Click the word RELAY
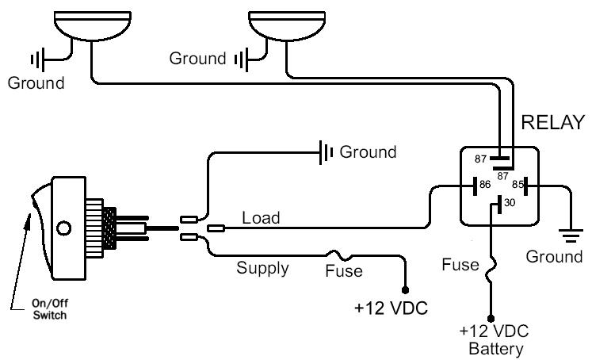pyautogui.click(x=552, y=122)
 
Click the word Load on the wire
pyautogui.click(x=260, y=216)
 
